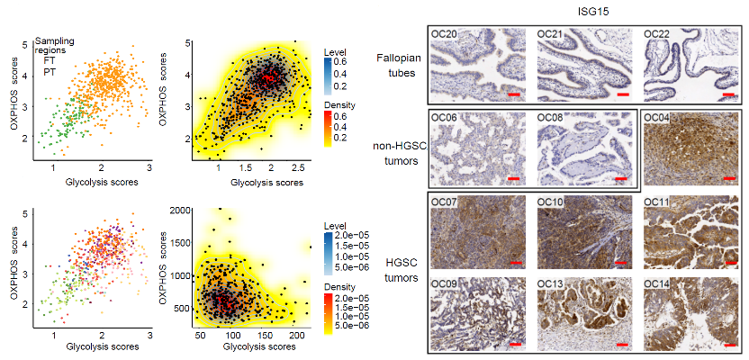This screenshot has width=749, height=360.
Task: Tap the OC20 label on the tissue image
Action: [x=443, y=34]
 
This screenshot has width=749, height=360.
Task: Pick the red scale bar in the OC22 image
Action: [x=728, y=94]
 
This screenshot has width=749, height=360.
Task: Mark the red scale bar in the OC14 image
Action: [x=730, y=344]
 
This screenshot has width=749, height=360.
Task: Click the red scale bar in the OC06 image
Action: [x=513, y=178]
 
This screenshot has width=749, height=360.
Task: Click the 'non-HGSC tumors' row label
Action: [x=399, y=153]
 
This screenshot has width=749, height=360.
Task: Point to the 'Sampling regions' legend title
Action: [x=54, y=45]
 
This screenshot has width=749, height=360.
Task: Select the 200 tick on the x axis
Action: [x=297, y=333]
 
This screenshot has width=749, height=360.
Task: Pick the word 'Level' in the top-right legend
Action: [x=332, y=51]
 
